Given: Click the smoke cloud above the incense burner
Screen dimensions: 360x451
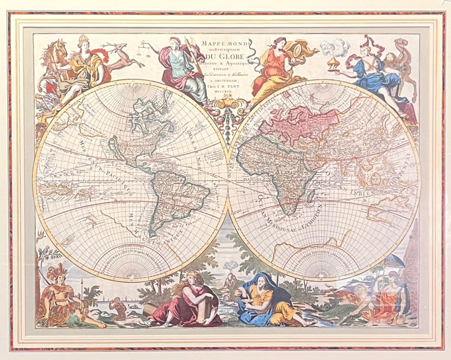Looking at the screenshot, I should (x=335, y=46).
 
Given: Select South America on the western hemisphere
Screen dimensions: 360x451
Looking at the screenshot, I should (x=179, y=195).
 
